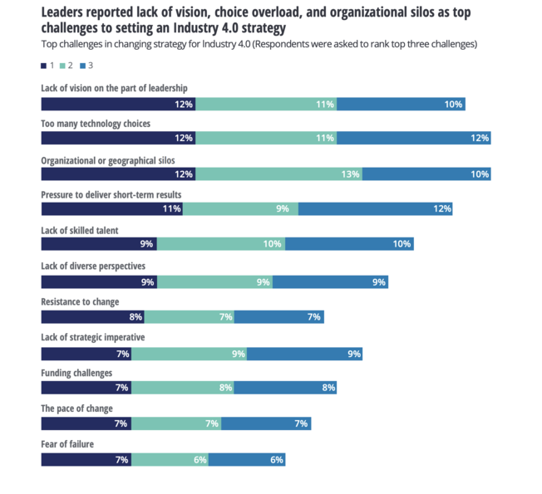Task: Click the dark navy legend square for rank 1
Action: tap(43, 65)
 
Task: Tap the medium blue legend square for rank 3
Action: tap(81, 65)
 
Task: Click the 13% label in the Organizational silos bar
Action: tap(350, 174)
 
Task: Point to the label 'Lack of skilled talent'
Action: tap(80, 230)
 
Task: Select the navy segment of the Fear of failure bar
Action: tap(86, 459)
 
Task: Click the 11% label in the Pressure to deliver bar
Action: tap(172, 208)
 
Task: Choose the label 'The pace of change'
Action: tap(76, 408)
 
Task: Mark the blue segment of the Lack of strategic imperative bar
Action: tap(304, 355)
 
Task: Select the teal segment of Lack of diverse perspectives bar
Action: tap(214, 282)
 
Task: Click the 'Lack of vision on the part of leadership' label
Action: tap(114, 88)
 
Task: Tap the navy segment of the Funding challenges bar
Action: tap(86, 388)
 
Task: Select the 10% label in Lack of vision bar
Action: tap(453, 105)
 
